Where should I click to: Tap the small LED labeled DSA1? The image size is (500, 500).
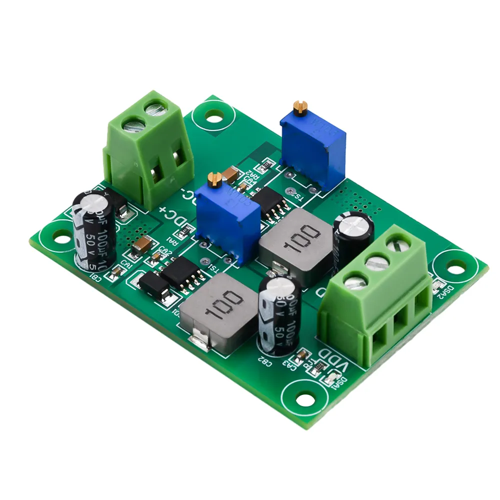click(329, 381)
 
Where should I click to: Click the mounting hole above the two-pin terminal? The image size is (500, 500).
click(214, 118)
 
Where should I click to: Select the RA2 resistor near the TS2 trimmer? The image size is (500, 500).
click(265, 166)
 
